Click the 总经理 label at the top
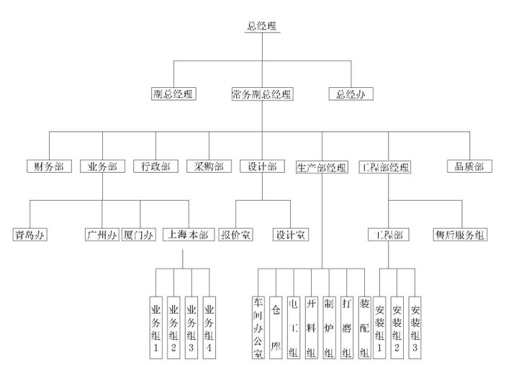(x=262, y=26)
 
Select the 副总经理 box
(x=173, y=94)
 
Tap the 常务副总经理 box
(x=262, y=94)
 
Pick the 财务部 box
(x=49, y=166)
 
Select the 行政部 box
(x=155, y=166)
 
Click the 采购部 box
(x=209, y=166)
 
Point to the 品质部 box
(x=469, y=166)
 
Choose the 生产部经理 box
(x=322, y=168)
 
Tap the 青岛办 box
(x=31, y=235)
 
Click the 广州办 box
(x=101, y=235)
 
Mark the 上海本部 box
(x=189, y=235)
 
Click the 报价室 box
(x=235, y=235)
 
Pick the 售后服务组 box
(x=461, y=235)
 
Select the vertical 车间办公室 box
(x=258, y=326)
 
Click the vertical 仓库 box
(x=276, y=326)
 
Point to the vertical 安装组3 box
(x=415, y=326)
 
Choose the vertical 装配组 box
(x=364, y=326)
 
